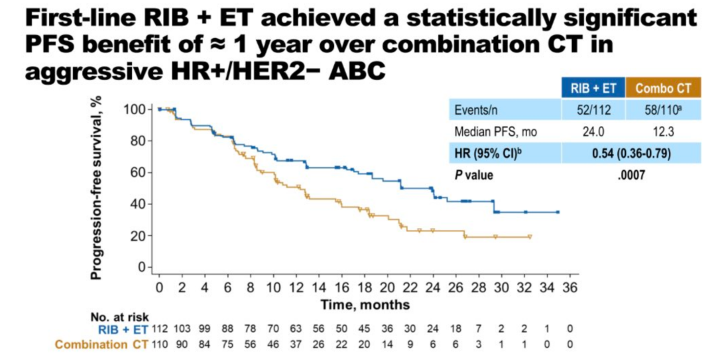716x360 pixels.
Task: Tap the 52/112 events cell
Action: pos(591,109)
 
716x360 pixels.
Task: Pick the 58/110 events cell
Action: pos(662,109)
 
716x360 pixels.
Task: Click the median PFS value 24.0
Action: pos(591,131)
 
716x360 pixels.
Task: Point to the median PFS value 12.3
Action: pos(662,131)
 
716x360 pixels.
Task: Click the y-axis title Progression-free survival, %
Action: pos(97,187)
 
